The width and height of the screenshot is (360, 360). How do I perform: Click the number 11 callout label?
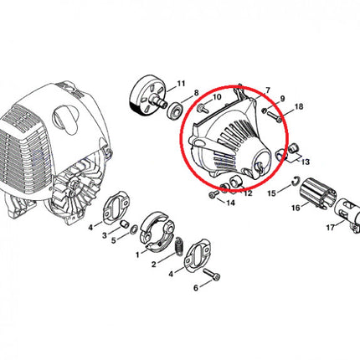click(x=181, y=84)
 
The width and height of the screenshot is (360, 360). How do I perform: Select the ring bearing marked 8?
click(x=175, y=111)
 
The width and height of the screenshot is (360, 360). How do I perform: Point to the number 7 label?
click(x=268, y=90)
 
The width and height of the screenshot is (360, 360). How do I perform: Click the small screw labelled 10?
click(x=203, y=109)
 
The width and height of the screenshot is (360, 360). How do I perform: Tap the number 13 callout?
click(x=306, y=162)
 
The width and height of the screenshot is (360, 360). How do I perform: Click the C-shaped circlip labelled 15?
click(x=296, y=181)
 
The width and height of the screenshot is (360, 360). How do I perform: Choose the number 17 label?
click(x=331, y=228)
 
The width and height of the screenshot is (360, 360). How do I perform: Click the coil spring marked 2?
click(x=179, y=245)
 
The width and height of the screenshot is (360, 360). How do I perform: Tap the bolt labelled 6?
click(x=212, y=274)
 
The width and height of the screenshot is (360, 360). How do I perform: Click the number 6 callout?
click(x=196, y=287)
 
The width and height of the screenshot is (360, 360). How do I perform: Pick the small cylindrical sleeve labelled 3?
click(x=124, y=224)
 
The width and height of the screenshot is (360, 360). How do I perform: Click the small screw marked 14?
click(x=213, y=195)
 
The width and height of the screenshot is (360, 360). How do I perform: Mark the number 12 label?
click(x=248, y=193)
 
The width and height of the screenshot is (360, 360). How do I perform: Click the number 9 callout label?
click(x=282, y=99)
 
